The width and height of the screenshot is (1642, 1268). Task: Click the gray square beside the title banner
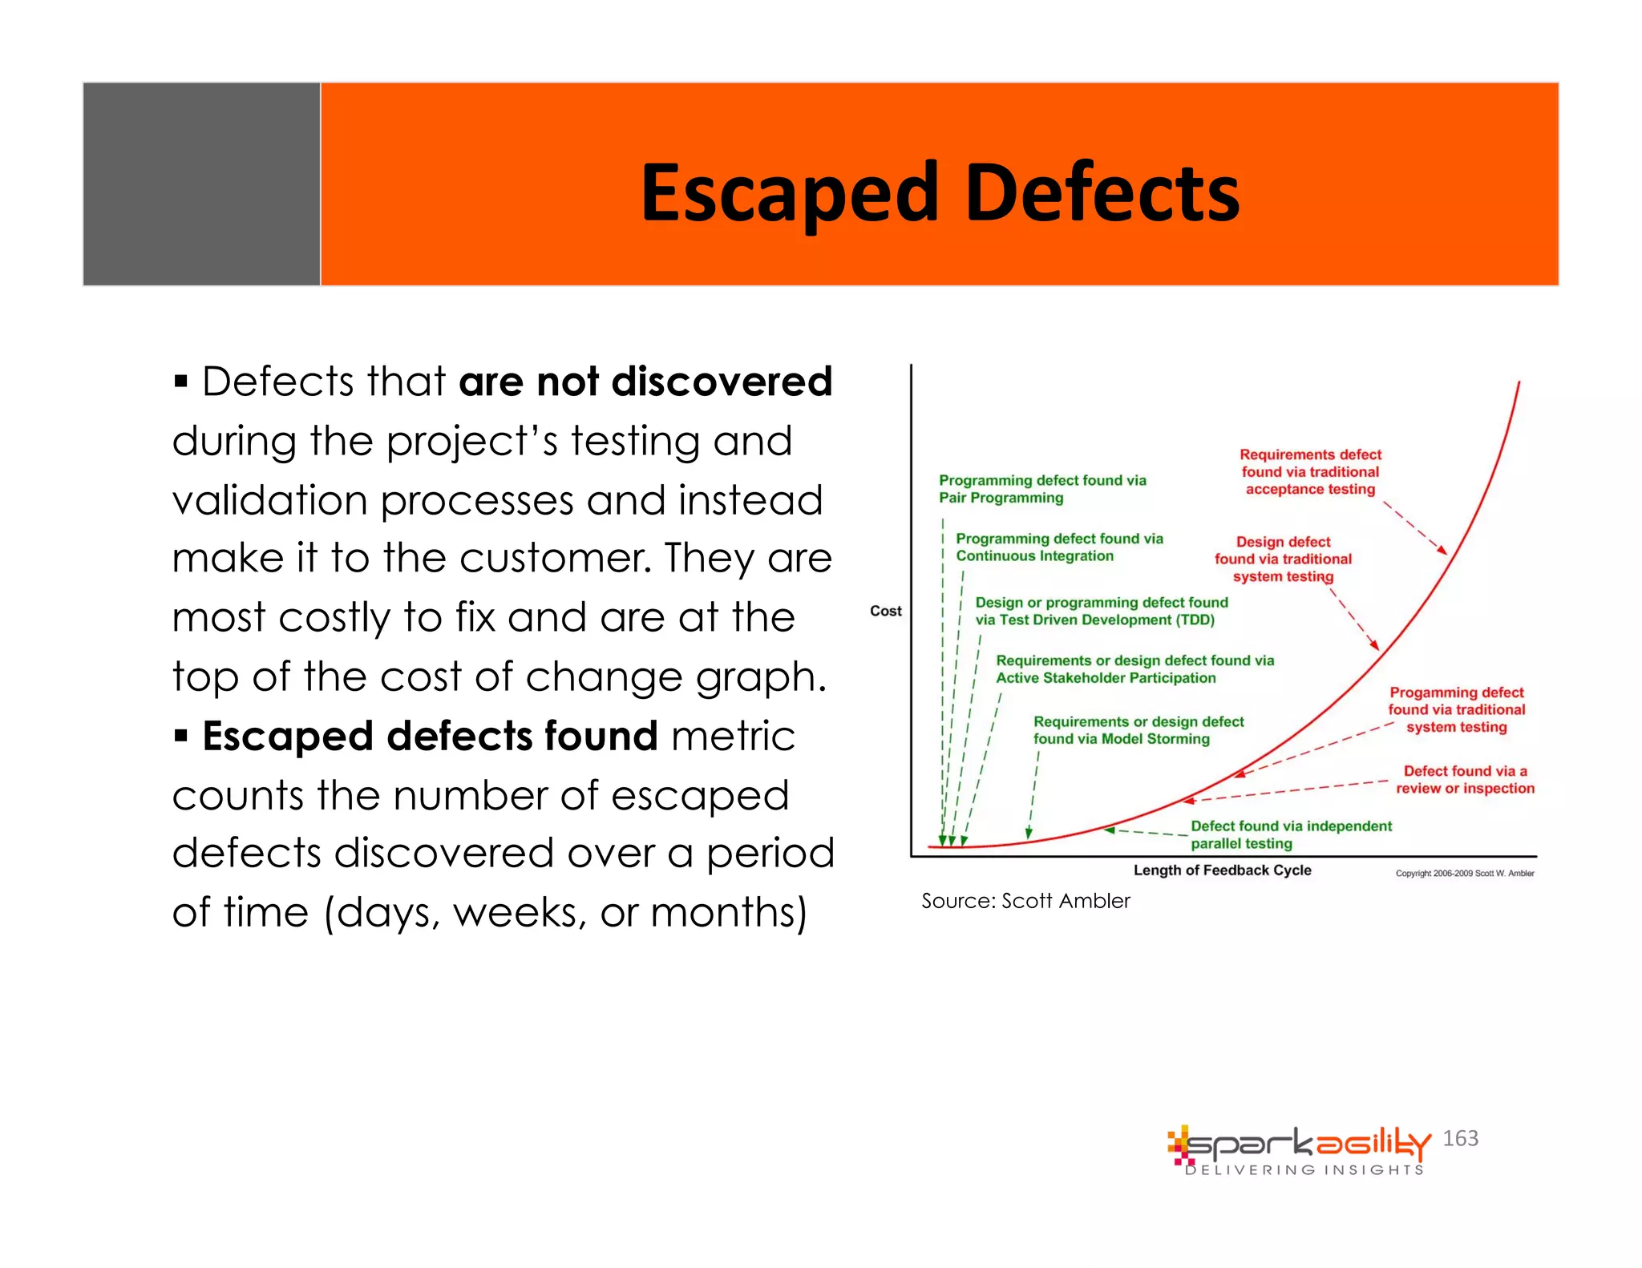pos(201,184)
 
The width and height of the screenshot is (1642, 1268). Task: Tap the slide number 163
pos(1460,1138)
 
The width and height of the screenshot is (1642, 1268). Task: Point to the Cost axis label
pos(885,611)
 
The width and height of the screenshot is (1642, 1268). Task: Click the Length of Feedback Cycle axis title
pos(1222,870)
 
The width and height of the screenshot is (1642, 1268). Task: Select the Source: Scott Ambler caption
pos(1025,901)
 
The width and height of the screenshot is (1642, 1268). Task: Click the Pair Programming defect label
pos(1041,489)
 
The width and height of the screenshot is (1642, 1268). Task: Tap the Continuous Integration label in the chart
pos(1058,547)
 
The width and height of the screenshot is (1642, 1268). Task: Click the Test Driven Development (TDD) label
pos(1101,611)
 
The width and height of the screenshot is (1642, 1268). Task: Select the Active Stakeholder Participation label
pos(1134,669)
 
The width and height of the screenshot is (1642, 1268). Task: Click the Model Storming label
pos(1138,730)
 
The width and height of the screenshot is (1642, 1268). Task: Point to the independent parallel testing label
pos(1290,834)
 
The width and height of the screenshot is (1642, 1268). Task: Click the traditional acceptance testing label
pos(1310,472)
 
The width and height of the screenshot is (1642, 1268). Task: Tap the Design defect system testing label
pos(1282,559)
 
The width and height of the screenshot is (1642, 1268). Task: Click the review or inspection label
pos(1465,780)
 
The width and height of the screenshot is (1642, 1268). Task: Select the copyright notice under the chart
pos(1464,874)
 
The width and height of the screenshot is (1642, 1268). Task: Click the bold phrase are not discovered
pos(645,382)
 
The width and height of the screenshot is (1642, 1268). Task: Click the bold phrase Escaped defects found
pos(430,736)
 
